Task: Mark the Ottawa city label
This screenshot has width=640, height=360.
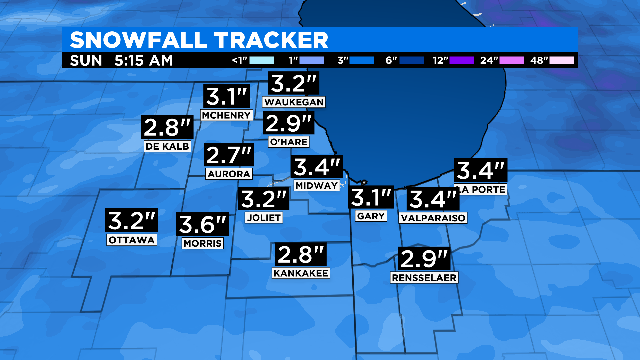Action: tap(132, 240)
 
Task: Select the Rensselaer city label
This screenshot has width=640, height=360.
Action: tap(425, 277)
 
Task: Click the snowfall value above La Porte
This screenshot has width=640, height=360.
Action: tap(481, 170)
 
